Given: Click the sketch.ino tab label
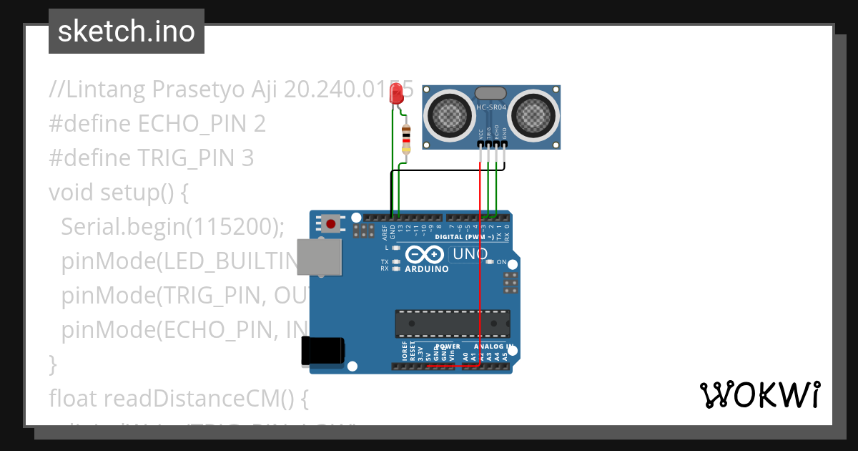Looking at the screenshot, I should pyautogui.click(x=126, y=31).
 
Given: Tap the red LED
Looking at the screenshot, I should pyautogui.click(x=397, y=94).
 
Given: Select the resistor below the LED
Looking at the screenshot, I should pyautogui.click(x=407, y=138).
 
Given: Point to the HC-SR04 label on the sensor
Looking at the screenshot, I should pyautogui.click(x=491, y=108).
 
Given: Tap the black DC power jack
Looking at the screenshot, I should pyautogui.click(x=322, y=351).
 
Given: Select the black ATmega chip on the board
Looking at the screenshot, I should pyautogui.click(x=453, y=324).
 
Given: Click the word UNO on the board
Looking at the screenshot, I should pyautogui.click(x=470, y=254).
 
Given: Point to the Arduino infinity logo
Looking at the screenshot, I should pyautogui.click(x=426, y=254).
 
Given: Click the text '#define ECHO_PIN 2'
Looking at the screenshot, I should pyautogui.click(x=157, y=124).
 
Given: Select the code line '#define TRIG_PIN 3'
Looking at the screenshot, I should pyautogui.click(x=151, y=158).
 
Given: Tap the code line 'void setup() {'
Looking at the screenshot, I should pyautogui.click(x=118, y=193).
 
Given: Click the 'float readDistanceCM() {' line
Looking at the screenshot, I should pyautogui.click(x=178, y=398).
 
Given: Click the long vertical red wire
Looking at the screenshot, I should pyautogui.click(x=479, y=272).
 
